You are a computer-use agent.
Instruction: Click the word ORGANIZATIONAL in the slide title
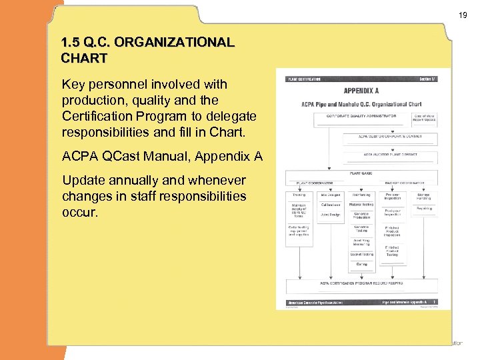[175, 43]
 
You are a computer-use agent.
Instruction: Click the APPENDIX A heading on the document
[361, 90]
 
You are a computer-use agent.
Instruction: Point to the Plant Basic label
[361, 173]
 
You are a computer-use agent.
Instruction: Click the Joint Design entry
[330, 215]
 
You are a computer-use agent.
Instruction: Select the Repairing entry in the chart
[424, 208]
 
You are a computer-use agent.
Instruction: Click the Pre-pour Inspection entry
[392, 197]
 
